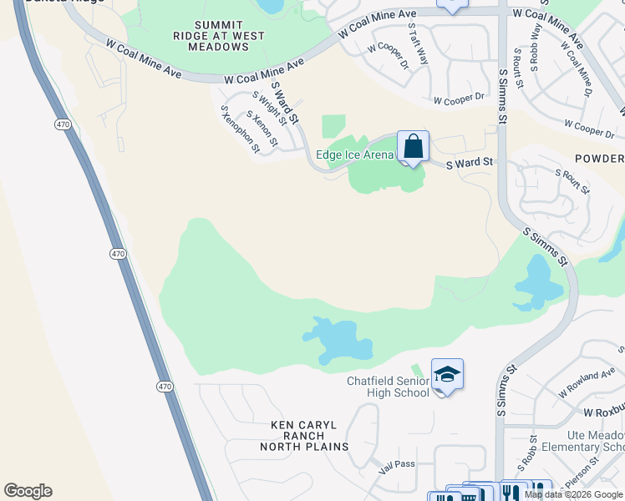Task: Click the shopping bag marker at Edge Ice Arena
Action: tap(413, 147)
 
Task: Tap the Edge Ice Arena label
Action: tap(355, 154)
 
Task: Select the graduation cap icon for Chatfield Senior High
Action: tap(447, 374)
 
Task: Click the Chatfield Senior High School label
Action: tap(388, 387)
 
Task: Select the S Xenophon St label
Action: tap(240, 129)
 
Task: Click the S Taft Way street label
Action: tap(418, 45)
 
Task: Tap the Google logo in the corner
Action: tap(28, 491)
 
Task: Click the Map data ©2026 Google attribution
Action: tap(574, 494)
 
